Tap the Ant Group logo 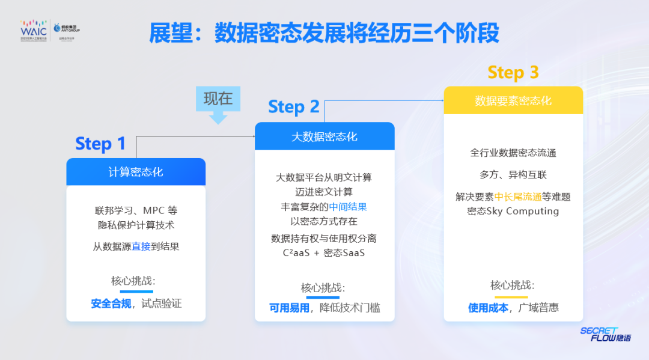pyautogui.click(x=67, y=29)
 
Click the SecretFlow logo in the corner pyautogui.click(x=605, y=335)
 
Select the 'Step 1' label pyautogui.click(x=100, y=144)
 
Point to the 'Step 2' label pyautogui.click(x=293, y=107)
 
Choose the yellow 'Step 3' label pyautogui.click(x=513, y=73)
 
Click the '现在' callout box pyautogui.click(x=218, y=99)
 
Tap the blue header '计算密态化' pyautogui.click(x=136, y=172)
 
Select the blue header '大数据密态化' pyautogui.click(x=324, y=136)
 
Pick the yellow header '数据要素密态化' pyautogui.click(x=513, y=100)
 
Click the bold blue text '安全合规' pyautogui.click(x=111, y=304)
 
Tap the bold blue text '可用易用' pyautogui.click(x=290, y=308)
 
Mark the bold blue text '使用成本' pyautogui.click(x=489, y=307)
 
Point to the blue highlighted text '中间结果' pyautogui.click(x=348, y=207)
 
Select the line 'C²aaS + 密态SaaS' pyautogui.click(x=324, y=253)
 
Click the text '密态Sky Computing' pyautogui.click(x=513, y=211)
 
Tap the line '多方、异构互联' pyautogui.click(x=513, y=175)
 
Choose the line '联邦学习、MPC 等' pyautogui.click(x=136, y=211)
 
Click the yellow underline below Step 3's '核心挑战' pyautogui.click(x=511, y=296)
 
